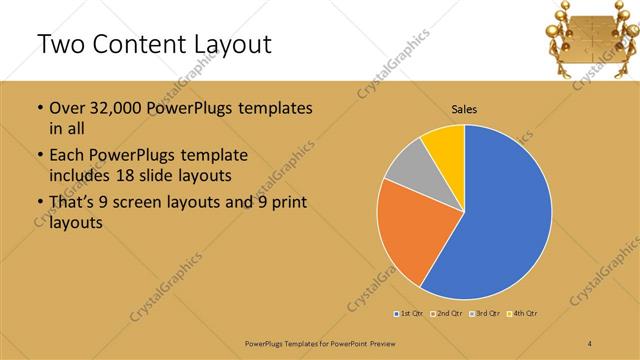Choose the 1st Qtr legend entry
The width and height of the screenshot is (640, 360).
408,314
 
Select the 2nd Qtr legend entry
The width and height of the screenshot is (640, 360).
446,314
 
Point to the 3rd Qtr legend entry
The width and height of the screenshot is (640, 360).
485,314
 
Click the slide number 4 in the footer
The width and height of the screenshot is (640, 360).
590,344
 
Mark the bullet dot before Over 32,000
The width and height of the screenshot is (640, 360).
39,108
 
